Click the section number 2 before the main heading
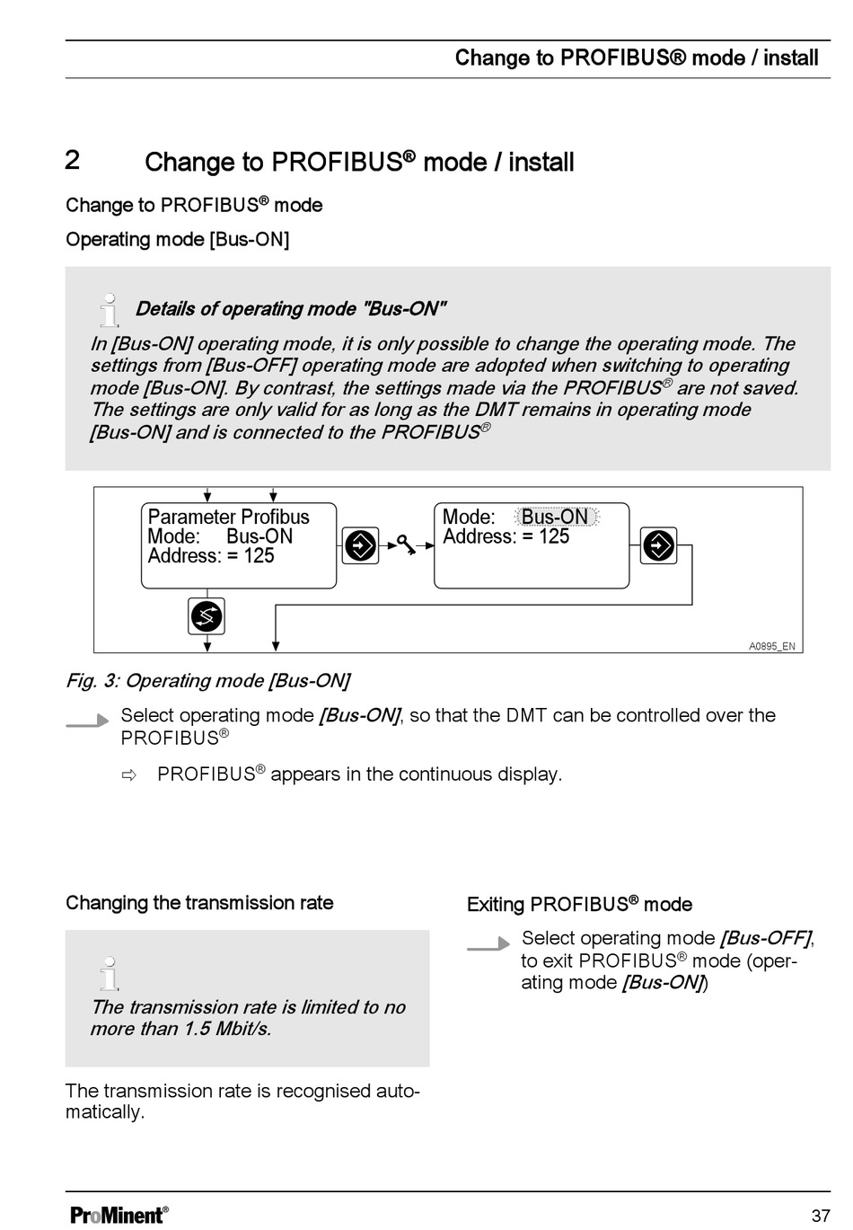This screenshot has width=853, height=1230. point(72,160)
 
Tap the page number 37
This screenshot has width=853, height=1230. point(821,1216)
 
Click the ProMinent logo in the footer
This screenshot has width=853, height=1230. point(119,1215)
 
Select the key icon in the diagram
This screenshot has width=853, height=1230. point(406,544)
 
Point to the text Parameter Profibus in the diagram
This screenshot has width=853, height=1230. point(228,517)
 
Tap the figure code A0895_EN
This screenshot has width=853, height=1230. point(772,646)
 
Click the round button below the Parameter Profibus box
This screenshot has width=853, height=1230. point(207,616)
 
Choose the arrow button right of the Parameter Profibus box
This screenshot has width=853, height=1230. point(360,545)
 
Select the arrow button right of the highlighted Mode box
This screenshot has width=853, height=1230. point(658,545)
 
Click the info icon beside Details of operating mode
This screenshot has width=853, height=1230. point(110,310)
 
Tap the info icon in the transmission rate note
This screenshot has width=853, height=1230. point(110,973)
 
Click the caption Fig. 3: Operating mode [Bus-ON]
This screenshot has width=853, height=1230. point(207,681)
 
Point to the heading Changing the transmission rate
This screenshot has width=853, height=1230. point(199,903)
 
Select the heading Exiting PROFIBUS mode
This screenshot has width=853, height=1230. point(579,904)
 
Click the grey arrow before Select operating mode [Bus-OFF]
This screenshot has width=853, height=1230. point(488,943)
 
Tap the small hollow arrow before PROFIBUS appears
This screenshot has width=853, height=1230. point(128,775)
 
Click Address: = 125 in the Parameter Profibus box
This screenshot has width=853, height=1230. point(211,555)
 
